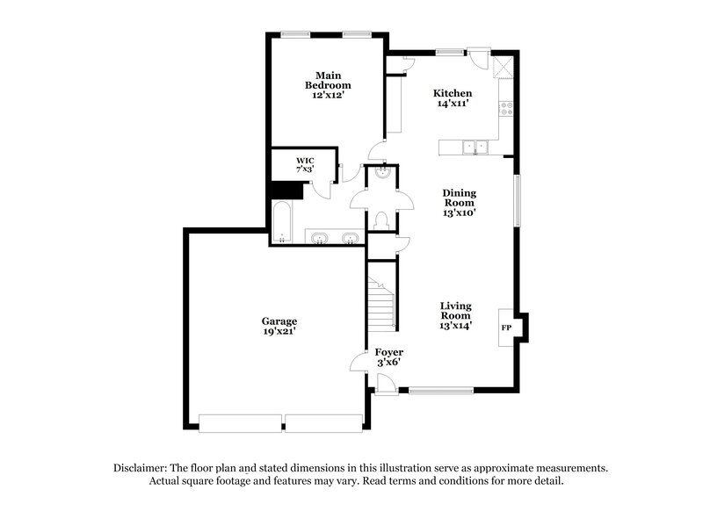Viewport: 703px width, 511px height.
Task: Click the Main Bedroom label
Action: coord(328,85)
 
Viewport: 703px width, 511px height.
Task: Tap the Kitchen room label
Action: coord(453,98)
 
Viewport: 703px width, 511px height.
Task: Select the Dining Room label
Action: coord(459,202)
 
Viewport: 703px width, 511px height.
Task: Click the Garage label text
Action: coord(279,326)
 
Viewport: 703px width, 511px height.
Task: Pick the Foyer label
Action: coord(388,356)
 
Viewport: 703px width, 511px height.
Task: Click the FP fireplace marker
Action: coord(506,327)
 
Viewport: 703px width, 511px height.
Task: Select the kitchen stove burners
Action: coord(506,109)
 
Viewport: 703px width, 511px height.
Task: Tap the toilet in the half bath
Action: coord(381,220)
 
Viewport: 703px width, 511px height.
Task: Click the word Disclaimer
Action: coord(141,467)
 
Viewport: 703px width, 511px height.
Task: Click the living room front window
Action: coord(441,390)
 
